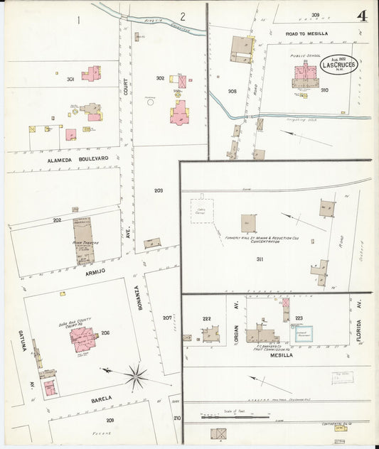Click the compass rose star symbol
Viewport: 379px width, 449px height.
(x=136, y=375)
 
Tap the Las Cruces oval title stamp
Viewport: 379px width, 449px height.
(x=338, y=63)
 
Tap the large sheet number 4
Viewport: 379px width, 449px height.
(x=363, y=16)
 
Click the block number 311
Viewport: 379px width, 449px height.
(x=260, y=259)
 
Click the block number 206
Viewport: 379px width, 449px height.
(x=105, y=332)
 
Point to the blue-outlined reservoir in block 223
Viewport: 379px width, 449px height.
(x=304, y=333)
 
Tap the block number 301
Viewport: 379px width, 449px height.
(x=70, y=79)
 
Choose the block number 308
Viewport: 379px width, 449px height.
(x=232, y=92)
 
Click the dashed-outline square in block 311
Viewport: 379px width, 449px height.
(x=202, y=211)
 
